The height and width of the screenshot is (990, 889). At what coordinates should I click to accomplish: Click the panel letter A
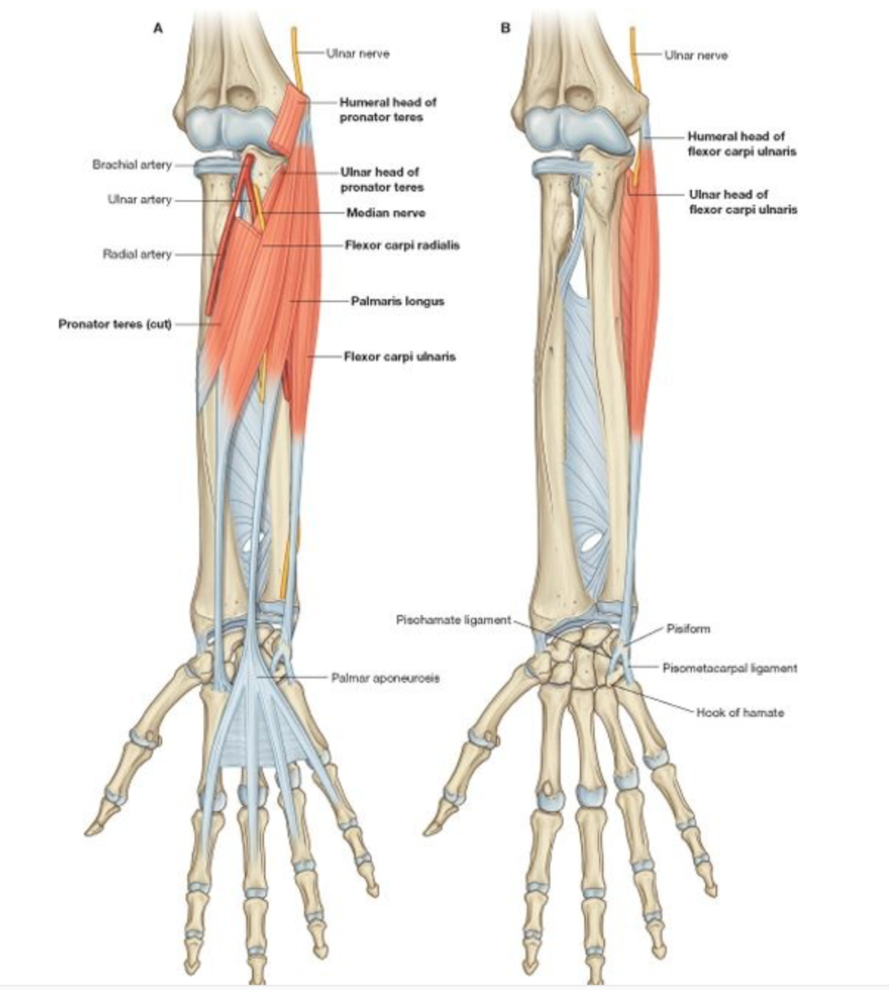click(x=158, y=28)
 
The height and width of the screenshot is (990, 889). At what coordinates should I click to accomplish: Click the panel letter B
click(x=505, y=28)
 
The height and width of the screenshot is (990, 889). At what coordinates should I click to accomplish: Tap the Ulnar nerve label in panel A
click(x=358, y=53)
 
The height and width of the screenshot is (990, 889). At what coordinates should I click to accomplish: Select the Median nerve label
click(x=385, y=213)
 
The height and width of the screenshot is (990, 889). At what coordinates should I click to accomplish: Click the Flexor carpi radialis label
click(x=402, y=245)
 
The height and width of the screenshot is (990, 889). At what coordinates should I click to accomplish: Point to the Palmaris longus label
click(x=397, y=301)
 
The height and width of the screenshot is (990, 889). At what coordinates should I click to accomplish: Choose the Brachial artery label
click(x=132, y=165)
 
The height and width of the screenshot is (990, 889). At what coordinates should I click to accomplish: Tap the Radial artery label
click(x=137, y=254)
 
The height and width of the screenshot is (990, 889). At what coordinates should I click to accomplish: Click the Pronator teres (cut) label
click(x=115, y=324)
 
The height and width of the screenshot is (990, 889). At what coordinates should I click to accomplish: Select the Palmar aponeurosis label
click(x=385, y=678)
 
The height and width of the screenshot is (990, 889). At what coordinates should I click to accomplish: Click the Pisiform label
click(x=688, y=628)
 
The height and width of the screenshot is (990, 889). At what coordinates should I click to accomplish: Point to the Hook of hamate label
click(x=740, y=713)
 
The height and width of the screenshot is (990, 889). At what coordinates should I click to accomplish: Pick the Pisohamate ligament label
click(x=453, y=620)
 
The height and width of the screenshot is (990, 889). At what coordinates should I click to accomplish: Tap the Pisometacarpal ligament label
click(x=729, y=668)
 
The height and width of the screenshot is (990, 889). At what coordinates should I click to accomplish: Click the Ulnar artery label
click(x=140, y=199)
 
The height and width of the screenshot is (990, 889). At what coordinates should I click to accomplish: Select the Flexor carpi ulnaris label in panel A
click(x=399, y=356)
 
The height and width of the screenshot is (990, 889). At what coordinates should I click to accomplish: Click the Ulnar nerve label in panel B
click(x=696, y=55)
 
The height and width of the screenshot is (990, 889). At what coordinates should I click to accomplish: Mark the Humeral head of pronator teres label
click(x=388, y=110)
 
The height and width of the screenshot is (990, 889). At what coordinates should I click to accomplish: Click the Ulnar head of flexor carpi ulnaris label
click(x=742, y=202)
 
